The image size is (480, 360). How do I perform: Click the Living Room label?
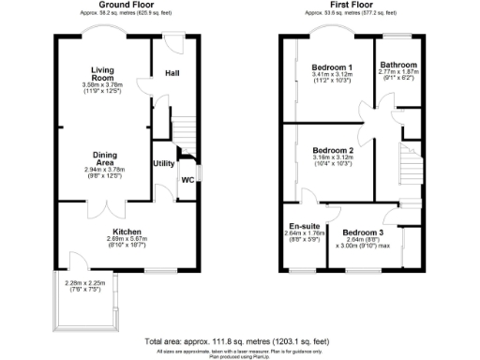(x=102, y=74)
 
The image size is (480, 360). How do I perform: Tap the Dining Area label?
(x=102, y=159)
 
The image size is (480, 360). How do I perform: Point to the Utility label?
(x=165, y=163)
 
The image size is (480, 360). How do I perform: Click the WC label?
(x=187, y=179)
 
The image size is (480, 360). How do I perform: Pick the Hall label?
(x=173, y=73)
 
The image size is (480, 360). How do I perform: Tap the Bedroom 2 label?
(x=332, y=151)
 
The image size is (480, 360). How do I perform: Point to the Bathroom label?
(x=398, y=65)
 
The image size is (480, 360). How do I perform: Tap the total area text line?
(x=240, y=342)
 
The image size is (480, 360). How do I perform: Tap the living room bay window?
(x=103, y=31)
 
